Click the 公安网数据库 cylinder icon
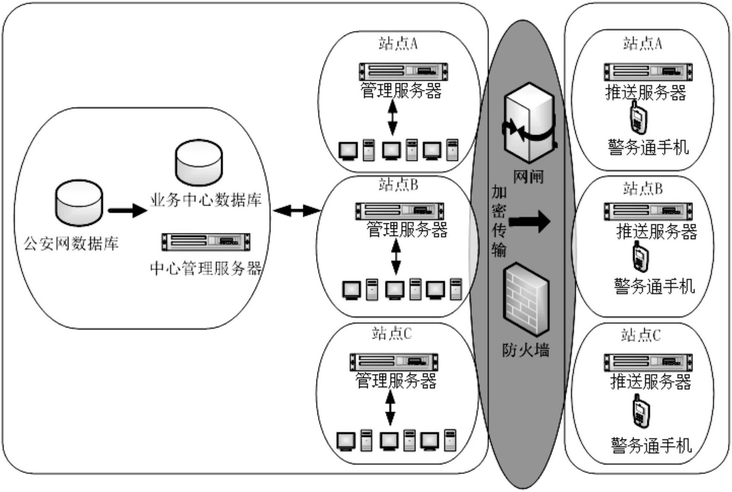pos(79,203)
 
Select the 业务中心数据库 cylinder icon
pos(199,163)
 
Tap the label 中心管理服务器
pos(206,269)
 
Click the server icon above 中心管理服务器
pos(206,242)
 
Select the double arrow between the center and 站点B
pos(297,210)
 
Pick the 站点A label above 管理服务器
pos(398,44)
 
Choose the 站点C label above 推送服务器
pos(641,335)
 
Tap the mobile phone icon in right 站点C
pos(641,411)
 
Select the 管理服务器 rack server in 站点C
pos(394,362)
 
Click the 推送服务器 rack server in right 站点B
pos(648,211)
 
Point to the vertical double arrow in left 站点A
pos(393,118)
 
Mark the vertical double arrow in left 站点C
pos(390,408)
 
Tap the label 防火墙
pos(526,350)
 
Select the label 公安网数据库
pos(71,243)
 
